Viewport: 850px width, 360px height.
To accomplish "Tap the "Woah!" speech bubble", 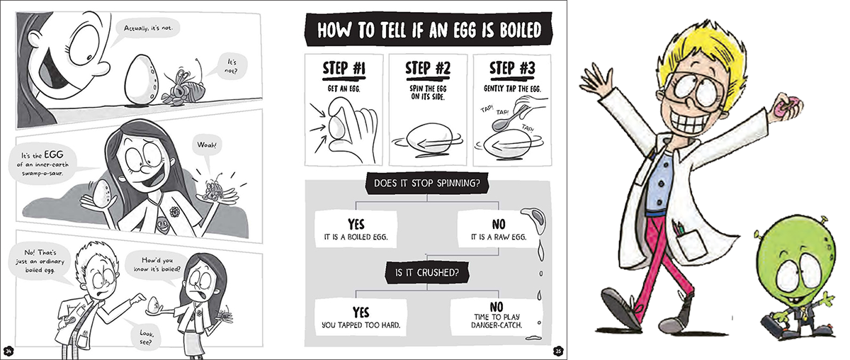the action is click(207, 146).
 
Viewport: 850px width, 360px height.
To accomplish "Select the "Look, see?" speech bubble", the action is click(146, 337).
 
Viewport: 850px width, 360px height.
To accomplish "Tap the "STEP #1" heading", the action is click(344, 69).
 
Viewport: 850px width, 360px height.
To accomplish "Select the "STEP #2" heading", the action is click(428, 69).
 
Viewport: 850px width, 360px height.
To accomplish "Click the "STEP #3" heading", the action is click(512, 69).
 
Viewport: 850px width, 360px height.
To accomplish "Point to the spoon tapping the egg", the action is click(506, 119).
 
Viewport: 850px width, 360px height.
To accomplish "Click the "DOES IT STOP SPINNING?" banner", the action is click(427, 184).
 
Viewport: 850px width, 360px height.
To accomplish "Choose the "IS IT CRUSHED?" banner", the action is click(427, 273).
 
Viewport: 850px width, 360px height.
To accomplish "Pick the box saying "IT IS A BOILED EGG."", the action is click(356, 230).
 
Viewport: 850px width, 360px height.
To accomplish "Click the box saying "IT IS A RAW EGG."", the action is click(498, 230).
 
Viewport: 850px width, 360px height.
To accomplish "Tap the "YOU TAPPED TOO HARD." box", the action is click(361, 317).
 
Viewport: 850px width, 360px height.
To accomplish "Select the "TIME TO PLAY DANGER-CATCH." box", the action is click(497, 317).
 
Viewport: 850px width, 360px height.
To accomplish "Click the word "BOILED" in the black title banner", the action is click(520, 30).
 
